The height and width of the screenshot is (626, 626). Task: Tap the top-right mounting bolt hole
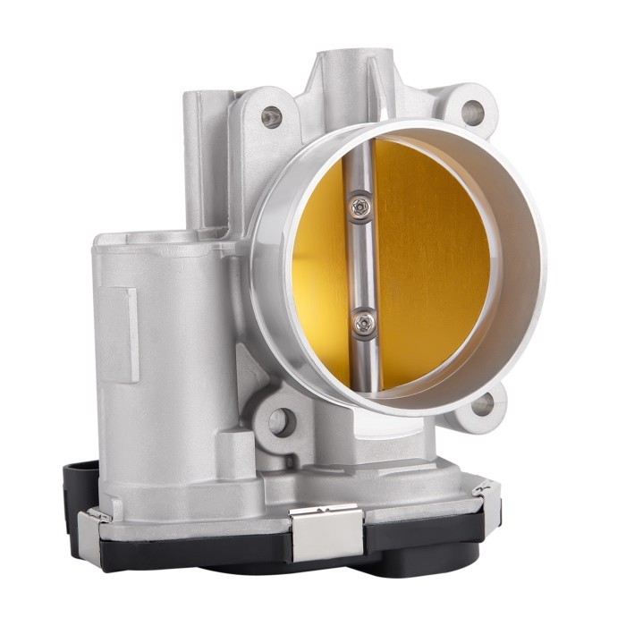(x=473, y=112)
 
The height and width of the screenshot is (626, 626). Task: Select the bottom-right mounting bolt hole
(x=484, y=404)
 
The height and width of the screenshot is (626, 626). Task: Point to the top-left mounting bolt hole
(x=271, y=116)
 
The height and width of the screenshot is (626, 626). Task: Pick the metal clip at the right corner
(x=485, y=488)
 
